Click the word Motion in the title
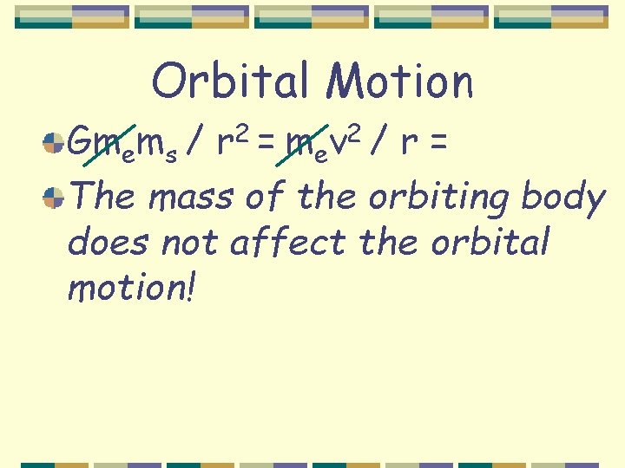pos(400,82)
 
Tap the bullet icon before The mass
pos(54,199)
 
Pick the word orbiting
pos(439,198)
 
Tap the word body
pos(563,198)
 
